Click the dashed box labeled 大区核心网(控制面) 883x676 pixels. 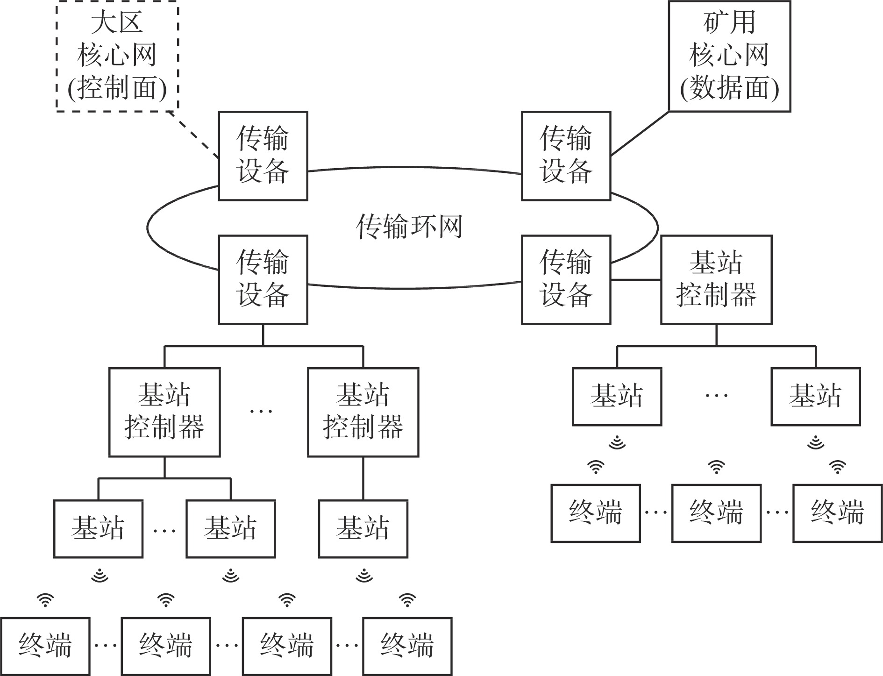[x=117, y=56]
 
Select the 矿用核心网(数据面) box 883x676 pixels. [x=729, y=56]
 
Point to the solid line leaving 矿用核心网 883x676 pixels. [x=640, y=133]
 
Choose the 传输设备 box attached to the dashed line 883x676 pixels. [x=263, y=156]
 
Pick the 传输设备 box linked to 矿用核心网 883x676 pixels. [x=566, y=156]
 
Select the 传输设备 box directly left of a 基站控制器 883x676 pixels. [x=566, y=279]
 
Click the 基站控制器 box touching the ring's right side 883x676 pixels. [x=716, y=279]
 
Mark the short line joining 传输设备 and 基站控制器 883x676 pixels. [x=635, y=280]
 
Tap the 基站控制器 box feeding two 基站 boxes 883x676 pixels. [x=164, y=412]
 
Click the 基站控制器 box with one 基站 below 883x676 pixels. [x=363, y=412]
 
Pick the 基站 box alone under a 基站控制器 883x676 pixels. [x=363, y=529]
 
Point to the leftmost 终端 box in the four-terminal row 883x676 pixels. [x=45, y=646]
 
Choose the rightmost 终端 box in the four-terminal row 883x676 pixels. [x=407, y=646]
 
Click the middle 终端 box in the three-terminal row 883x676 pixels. [x=716, y=513]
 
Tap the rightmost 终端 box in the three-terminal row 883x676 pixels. [x=837, y=513]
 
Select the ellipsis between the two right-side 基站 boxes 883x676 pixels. [x=716, y=395]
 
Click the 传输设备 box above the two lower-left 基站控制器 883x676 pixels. [x=263, y=279]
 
